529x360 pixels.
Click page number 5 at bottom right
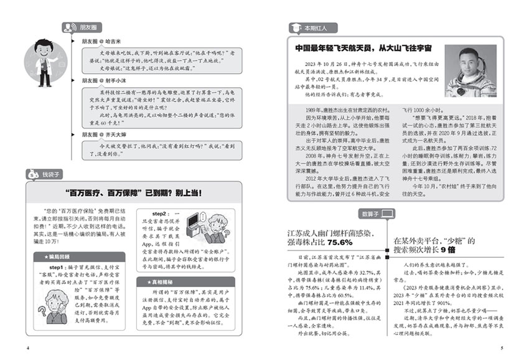tap(502, 347)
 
